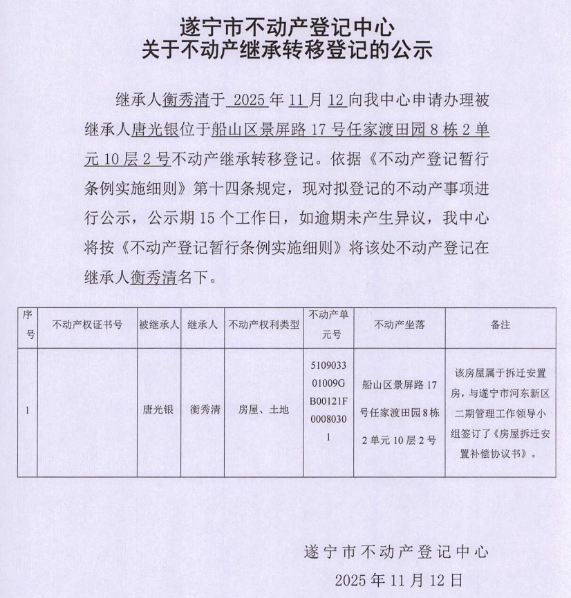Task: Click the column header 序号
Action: [28, 325]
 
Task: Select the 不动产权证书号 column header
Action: [87, 325]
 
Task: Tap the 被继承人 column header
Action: [158, 325]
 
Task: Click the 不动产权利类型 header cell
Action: [264, 325]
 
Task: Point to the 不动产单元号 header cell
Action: [328, 325]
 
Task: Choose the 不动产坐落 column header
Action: [399, 325]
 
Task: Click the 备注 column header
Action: [500, 325]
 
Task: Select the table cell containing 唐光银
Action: [158, 410]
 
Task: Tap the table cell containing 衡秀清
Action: [204, 410]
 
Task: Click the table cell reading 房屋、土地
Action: [264, 410]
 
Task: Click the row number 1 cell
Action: [27, 410]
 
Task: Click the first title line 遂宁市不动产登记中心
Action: [286, 28]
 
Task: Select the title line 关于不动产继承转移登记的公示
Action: [286, 50]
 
